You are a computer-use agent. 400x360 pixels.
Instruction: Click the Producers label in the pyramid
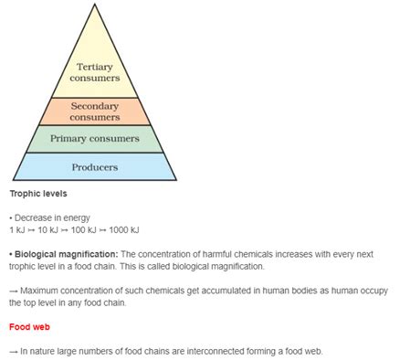point(95,167)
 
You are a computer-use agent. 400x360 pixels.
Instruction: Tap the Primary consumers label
point(95,139)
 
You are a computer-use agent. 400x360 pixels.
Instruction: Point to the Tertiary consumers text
point(95,72)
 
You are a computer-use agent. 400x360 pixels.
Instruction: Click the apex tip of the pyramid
point(95,5)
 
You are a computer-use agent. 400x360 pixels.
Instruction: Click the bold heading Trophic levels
point(37,195)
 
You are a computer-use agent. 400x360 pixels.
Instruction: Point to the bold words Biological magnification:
point(65,254)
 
